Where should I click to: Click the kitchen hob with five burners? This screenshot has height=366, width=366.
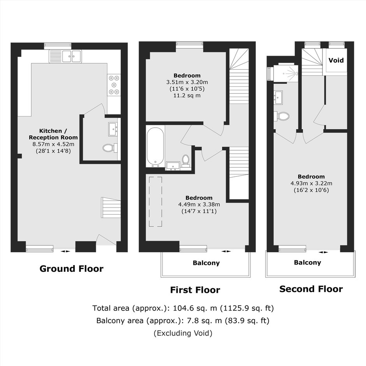pos(114,85)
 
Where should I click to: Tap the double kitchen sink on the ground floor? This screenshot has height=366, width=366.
pos(65,56)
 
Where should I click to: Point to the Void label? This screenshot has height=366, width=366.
pos(336,60)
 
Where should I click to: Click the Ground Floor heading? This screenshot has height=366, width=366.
pos(71,269)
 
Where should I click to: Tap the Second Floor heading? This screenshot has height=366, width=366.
pos(311,289)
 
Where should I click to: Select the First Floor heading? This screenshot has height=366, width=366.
pos(195,290)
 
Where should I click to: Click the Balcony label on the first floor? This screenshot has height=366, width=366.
pos(206,263)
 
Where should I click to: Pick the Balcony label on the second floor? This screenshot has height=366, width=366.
pos(308,262)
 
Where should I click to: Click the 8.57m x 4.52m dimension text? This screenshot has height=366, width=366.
pos(53,144)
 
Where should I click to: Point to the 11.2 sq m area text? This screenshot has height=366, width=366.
pos(187,95)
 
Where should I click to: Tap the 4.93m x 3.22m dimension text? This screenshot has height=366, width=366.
pos(311,183)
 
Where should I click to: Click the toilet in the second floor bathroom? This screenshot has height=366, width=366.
pos(282,116)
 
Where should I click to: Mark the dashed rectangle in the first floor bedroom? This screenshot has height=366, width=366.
pos(155,202)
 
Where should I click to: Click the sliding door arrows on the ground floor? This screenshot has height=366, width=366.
pos(65,252)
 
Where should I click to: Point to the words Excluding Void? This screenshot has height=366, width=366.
pos(183,333)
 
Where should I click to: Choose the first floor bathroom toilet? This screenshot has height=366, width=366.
pos(186,161)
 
